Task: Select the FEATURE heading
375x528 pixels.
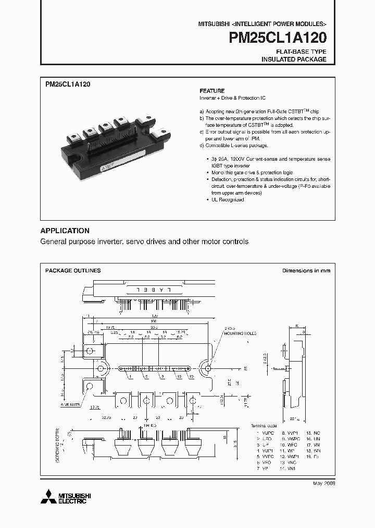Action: (x=212, y=91)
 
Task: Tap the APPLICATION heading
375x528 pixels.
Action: (x=65, y=231)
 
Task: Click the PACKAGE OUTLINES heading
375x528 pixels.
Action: (x=73, y=271)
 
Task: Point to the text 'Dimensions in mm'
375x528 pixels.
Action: (x=306, y=271)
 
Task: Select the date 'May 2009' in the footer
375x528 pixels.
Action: (x=323, y=484)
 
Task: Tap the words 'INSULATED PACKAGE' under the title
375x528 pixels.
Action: (x=293, y=59)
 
